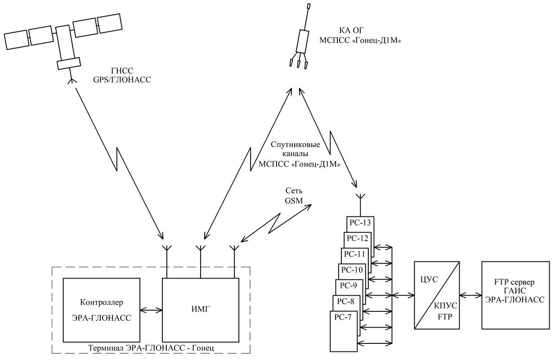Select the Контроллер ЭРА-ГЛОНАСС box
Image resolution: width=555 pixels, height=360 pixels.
point(102,310)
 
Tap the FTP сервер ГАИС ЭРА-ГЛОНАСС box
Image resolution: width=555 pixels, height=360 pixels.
point(515,295)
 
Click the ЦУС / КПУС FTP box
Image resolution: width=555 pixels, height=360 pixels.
point(435,295)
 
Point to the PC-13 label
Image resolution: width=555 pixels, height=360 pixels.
point(360,223)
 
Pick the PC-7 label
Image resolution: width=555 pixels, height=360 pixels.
point(343,316)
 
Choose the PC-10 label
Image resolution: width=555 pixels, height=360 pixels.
point(352,270)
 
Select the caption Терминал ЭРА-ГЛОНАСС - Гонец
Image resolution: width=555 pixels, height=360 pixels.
point(151,348)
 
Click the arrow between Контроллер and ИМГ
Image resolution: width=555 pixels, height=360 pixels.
point(151,310)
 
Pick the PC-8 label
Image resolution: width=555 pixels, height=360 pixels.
point(346,301)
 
